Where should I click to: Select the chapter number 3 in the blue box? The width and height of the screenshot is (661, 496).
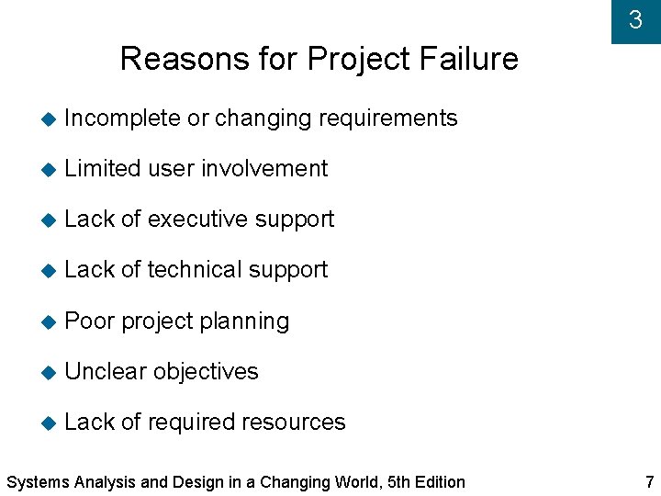635,19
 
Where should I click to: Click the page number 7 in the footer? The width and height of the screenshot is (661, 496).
650,481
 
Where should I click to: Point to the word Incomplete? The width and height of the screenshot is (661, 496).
123,118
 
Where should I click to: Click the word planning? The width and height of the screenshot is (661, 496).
243,321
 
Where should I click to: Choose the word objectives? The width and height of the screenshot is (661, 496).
206,371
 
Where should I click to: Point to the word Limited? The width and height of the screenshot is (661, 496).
102,169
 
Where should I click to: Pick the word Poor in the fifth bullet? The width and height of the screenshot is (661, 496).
89,321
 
